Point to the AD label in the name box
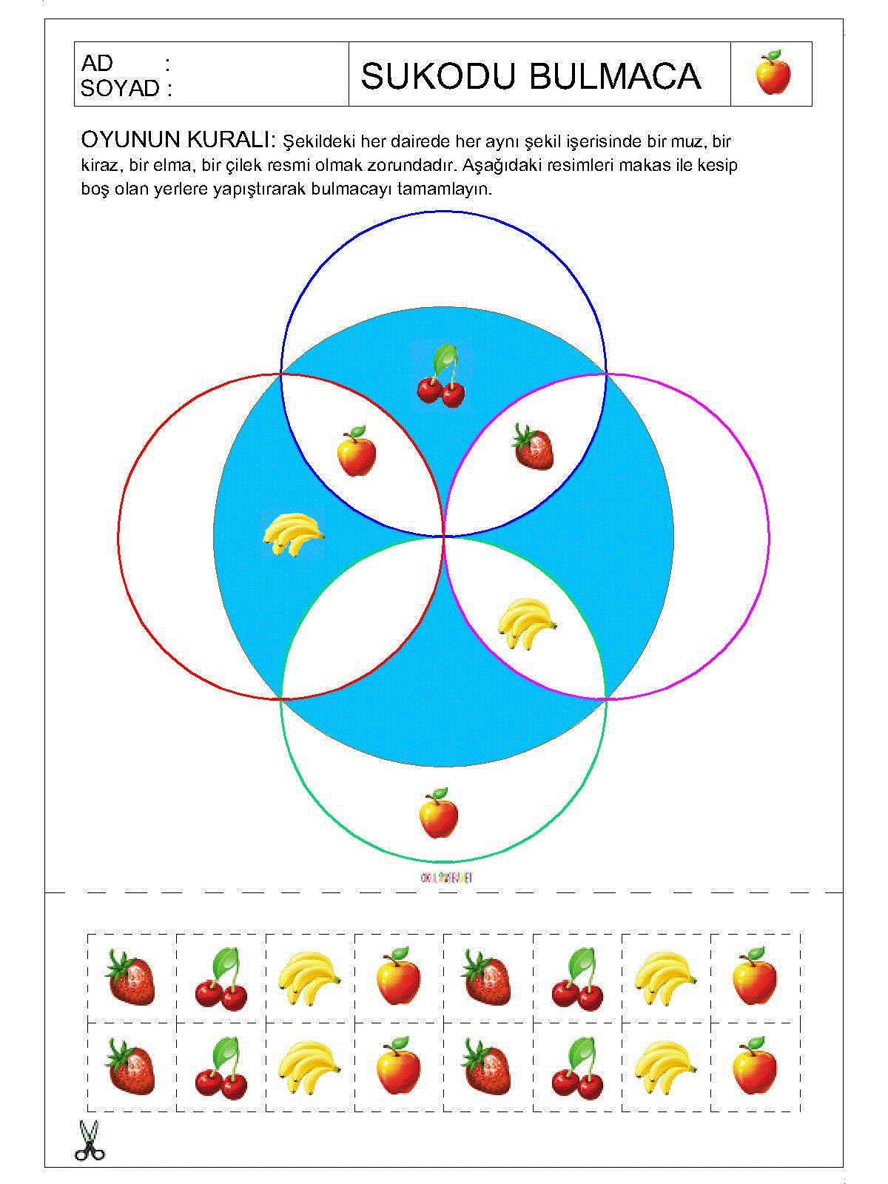(97, 63)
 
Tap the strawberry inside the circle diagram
(534, 448)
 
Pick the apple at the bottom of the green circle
(438, 813)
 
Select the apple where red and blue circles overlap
(356, 451)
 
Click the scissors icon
(89, 1140)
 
